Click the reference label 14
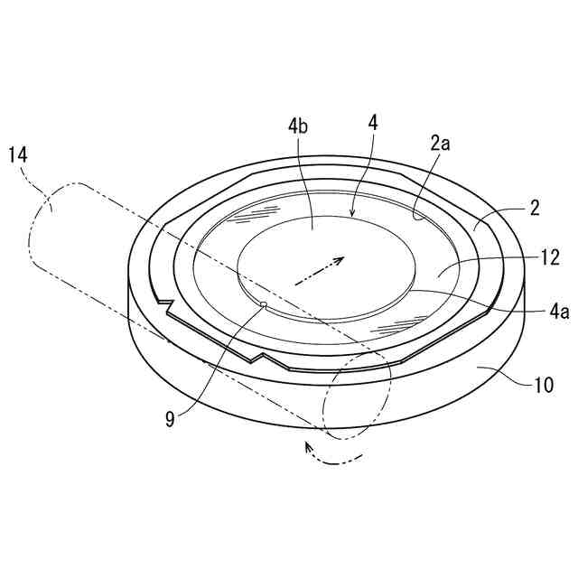coord(18,154)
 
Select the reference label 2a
coord(440,142)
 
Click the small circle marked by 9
coord(263,305)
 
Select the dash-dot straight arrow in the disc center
coord(316,270)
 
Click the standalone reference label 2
coord(535,209)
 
